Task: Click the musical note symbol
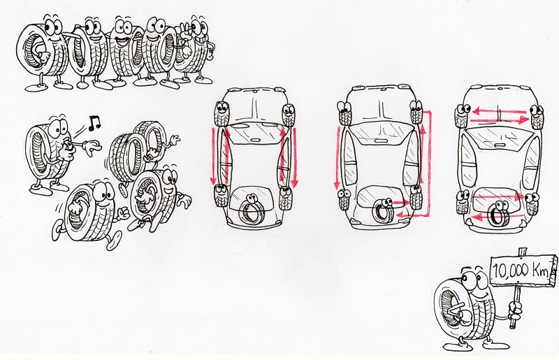[x=94, y=122]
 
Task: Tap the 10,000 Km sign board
[x=523, y=271]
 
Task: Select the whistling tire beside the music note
[x=50, y=154]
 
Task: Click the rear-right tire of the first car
[x=285, y=197]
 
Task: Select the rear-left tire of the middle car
[x=344, y=199]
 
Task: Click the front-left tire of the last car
[x=462, y=116]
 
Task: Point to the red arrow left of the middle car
[x=337, y=157]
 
